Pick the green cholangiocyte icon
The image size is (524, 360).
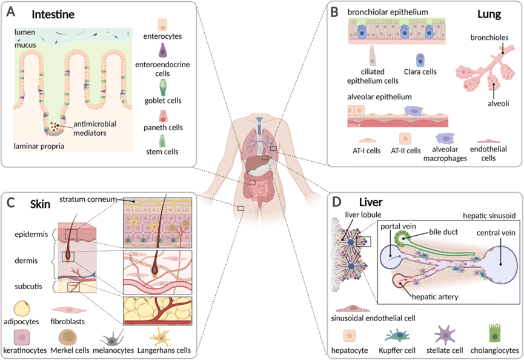coord(494,333)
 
